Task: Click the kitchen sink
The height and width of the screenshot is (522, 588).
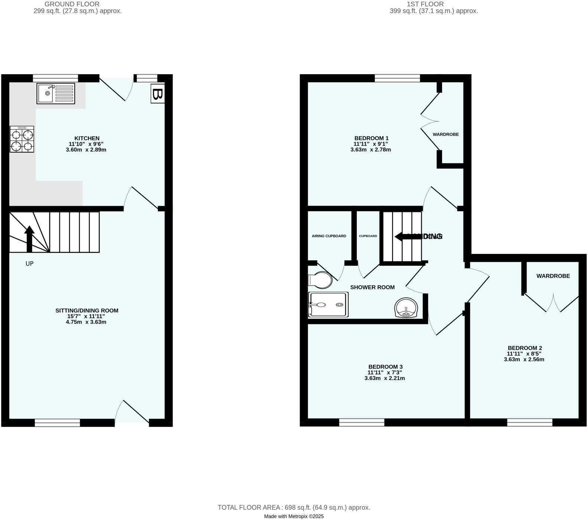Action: (x=56, y=93)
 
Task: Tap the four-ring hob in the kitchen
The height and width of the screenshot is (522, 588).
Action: (x=22, y=139)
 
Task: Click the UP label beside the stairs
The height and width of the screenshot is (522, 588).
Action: (x=29, y=264)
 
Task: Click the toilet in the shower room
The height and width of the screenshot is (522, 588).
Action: (x=320, y=280)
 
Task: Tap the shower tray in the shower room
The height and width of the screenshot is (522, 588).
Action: (x=328, y=305)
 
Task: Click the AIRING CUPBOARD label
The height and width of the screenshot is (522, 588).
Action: (x=329, y=236)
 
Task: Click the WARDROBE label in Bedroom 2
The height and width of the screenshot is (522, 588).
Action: (x=553, y=276)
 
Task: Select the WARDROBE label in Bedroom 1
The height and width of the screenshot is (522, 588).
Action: (x=445, y=134)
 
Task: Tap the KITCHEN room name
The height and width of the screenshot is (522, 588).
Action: (x=87, y=138)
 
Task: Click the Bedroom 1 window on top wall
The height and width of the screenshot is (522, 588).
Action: (x=397, y=78)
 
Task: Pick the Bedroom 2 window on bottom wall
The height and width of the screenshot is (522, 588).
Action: (x=530, y=422)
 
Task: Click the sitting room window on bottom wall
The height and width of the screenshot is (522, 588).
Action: (x=58, y=423)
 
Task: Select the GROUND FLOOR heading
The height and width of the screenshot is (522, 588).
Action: (x=72, y=4)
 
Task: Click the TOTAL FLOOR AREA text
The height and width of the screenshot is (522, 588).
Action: (x=294, y=508)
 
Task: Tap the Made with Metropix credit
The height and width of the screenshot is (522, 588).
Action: (x=294, y=516)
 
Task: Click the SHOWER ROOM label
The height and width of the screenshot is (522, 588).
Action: (x=372, y=287)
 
